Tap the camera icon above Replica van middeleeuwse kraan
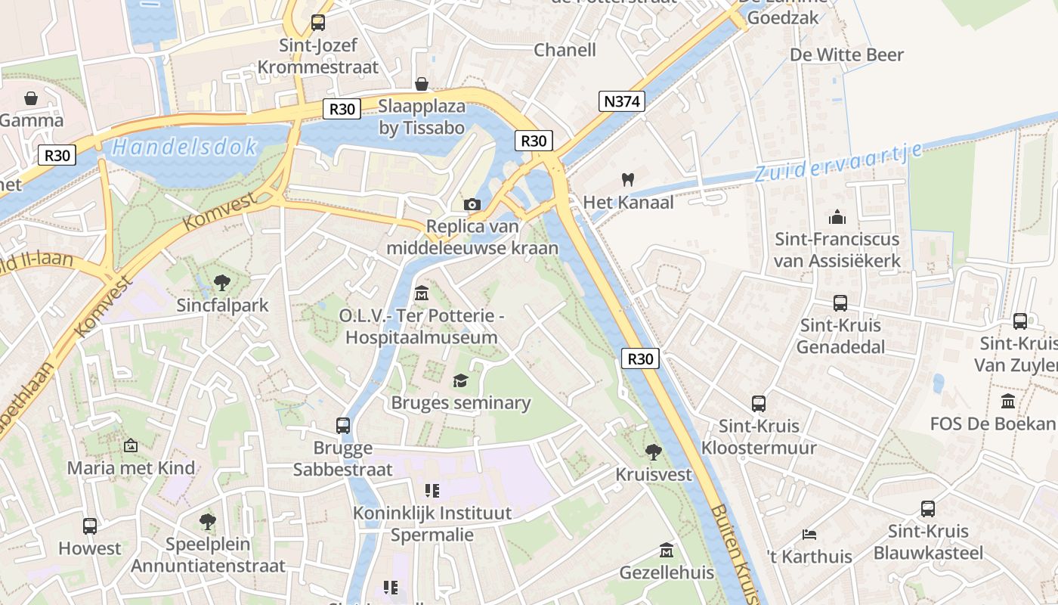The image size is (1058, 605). (472, 204)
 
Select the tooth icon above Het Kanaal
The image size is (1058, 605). (626, 179)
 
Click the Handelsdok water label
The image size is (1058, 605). (184, 147)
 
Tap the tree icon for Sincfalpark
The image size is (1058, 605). (221, 283)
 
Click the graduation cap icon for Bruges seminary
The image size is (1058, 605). (460, 380)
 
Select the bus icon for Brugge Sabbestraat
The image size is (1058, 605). (343, 425)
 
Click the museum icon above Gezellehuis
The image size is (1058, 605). (666, 550)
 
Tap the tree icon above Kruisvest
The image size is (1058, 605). (654, 452)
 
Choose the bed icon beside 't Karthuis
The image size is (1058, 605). (809, 534)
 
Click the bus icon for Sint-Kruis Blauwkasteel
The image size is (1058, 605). (928, 509)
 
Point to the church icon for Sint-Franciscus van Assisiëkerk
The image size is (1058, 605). (837, 217)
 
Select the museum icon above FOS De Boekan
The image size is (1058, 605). (1008, 401)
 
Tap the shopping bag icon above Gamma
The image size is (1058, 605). (31, 98)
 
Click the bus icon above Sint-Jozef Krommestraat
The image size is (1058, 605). (318, 23)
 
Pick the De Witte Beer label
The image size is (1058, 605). (846, 54)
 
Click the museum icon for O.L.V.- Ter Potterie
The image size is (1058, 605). (422, 293)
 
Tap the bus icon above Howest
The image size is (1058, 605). (90, 526)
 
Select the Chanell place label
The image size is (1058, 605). (565, 50)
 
